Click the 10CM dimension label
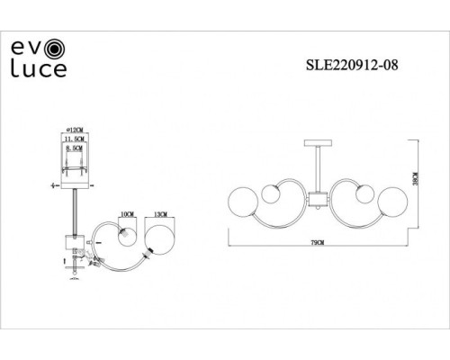(127, 216)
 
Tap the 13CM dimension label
(160, 216)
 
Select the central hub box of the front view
(316, 200)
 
